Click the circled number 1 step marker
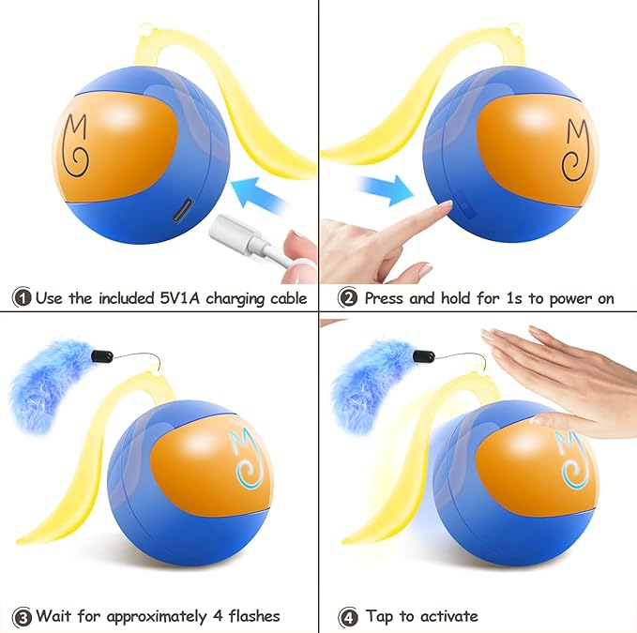tap(22, 297)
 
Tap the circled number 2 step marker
tap(348, 297)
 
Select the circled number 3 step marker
tap(22, 617)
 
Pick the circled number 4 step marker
tap(348, 617)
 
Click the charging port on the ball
tap(183, 209)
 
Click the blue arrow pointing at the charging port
tap(260, 194)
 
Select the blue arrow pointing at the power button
tap(385, 189)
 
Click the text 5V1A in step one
tap(179, 297)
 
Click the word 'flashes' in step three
tap(254, 616)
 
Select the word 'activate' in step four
tap(449, 616)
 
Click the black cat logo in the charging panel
tap(75, 145)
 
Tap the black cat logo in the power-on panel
tap(575, 150)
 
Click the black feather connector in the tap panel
tap(424, 356)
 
